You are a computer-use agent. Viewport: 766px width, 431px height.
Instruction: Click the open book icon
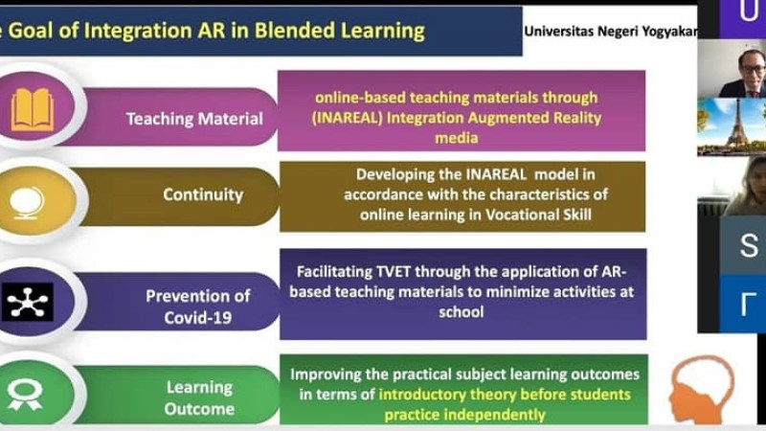click(33, 109)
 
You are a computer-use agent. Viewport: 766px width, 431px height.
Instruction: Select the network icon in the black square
click(28, 302)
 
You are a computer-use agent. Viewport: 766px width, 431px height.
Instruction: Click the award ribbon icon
click(25, 395)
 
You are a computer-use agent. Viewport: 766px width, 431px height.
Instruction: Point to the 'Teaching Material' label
click(194, 119)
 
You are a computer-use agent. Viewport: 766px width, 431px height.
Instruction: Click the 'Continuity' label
click(203, 194)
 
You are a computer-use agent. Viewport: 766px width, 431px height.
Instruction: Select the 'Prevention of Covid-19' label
click(198, 306)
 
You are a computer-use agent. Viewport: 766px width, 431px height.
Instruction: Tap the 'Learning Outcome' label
click(199, 397)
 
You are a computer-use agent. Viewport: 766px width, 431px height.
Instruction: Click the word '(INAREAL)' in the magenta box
click(347, 118)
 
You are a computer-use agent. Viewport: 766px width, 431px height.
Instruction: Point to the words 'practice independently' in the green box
click(464, 415)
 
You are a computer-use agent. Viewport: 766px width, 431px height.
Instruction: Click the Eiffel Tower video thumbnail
click(732, 126)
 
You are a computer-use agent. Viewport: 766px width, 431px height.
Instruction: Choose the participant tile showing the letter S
click(743, 245)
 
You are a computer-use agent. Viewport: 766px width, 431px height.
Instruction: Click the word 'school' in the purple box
click(462, 312)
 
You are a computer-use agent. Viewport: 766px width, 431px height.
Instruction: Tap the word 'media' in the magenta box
click(457, 138)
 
